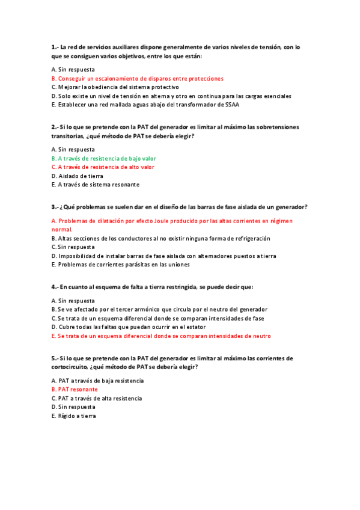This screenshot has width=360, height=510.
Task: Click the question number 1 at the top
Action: [x=55, y=47]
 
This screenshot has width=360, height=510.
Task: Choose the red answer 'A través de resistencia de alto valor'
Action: [x=103, y=167]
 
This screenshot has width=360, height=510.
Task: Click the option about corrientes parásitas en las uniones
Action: [x=120, y=264]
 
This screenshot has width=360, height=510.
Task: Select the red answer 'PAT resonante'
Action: [x=75, y=389]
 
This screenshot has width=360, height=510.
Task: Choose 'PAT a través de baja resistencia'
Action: [x=97, y=381]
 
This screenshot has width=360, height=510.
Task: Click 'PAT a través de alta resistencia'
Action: [x=97, y=398]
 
